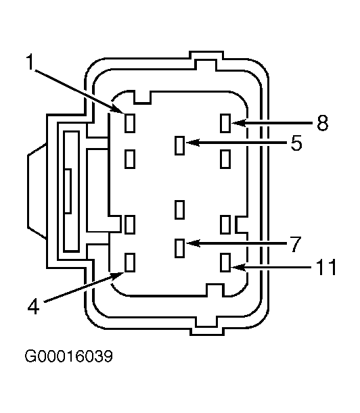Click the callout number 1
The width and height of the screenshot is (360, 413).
coord(31,62)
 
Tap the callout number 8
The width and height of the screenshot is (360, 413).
coord(322,123)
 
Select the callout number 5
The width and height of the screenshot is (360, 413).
coord(296,143)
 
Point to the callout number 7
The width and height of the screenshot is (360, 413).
coord(296,244)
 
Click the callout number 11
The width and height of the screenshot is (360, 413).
coord(327,267)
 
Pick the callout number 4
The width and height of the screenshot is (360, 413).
coord(33,306)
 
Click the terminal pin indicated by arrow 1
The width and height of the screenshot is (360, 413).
coord(130,123)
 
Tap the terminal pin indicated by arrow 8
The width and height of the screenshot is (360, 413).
coord(225,123)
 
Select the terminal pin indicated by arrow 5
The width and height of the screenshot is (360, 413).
coord(179,145)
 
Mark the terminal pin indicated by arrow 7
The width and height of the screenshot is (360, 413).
coord(179,248)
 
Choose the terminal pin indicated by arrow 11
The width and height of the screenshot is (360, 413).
coord(225,262)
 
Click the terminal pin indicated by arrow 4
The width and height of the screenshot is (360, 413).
coord(130,262)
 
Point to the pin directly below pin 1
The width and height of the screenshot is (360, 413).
coord(130,159)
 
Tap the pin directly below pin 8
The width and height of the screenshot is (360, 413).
coord(225,159)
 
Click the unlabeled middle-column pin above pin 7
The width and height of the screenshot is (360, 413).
coord(179,210)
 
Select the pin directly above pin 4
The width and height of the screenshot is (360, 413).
coord(130,224)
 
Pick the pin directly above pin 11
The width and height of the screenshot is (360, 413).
coord(225,224)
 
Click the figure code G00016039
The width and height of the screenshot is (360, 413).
coord(69,356)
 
